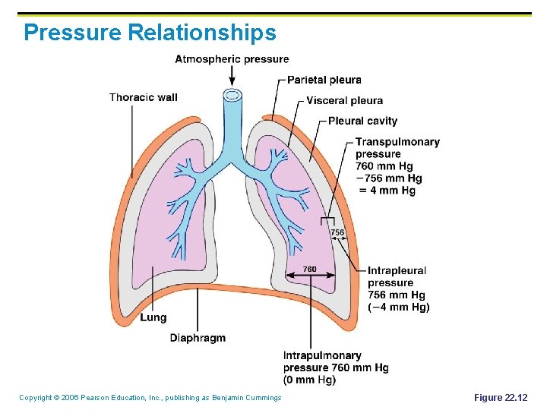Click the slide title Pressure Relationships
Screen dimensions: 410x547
pos(150,33)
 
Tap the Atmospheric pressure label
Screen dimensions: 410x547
pos(232,59)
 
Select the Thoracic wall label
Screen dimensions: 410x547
pos(143,97)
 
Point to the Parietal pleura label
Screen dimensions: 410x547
pos(324,80)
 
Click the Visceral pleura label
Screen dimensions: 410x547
pos(344,100)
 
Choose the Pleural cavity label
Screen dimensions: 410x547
pos(362,121)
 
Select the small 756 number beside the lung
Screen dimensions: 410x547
pos(337,232)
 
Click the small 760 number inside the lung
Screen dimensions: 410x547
pos(310,269)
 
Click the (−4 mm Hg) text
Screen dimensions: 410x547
pos(398,307)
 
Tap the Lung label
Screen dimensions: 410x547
pos(153,317)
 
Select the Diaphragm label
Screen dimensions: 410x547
pos(198,338)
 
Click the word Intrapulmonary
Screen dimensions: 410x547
pos(322,355)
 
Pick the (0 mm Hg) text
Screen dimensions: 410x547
pos(309,380)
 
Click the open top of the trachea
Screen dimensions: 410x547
pos(231,96)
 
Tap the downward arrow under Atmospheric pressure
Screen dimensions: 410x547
pos(232,75)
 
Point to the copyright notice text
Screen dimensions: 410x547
pos(150,398)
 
